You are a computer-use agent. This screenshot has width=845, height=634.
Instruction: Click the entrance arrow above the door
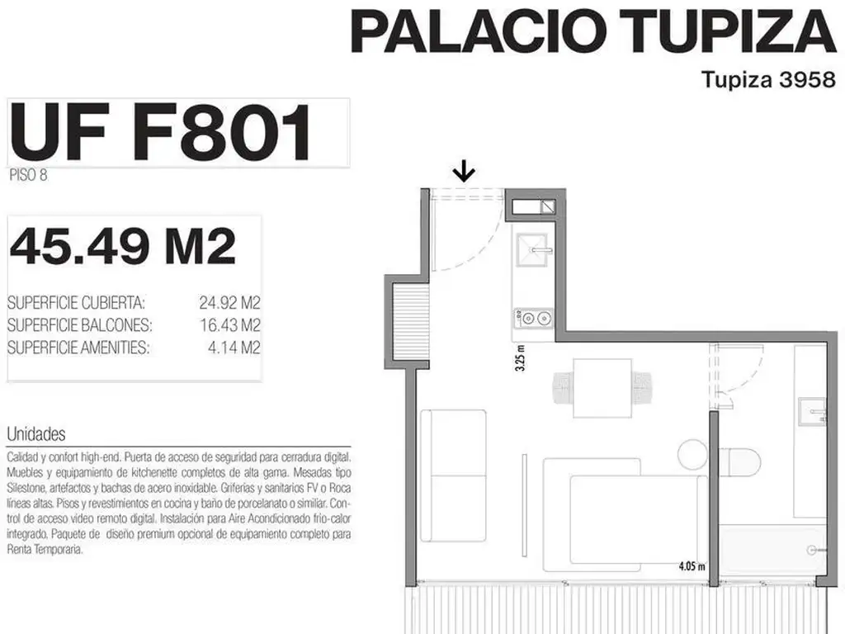pyautogui.click(x=464, y=173)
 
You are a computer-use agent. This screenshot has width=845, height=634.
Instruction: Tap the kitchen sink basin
pyautogui.click(x=532, y=249)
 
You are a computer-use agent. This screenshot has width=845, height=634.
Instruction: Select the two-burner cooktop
pyautogui.click(x=534, y=318)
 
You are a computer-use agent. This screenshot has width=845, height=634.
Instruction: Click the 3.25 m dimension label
pyautogui.click(x=520, y=357)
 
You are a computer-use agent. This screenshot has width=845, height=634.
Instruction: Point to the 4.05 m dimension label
pyautogui.click(x=692, y=566)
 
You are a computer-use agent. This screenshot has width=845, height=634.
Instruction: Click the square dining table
pyautogui.click(x=602, y=388)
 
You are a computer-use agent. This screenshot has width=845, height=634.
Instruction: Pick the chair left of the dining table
pyautogui.click(x=563, y=388)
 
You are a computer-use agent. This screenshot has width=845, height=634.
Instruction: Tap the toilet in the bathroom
pyautogui.click(x=743, y=462)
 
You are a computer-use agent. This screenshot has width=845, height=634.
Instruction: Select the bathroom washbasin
pyautogui.click(x=812, y=412)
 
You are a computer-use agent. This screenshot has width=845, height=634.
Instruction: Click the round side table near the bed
pyautogui.click(x=692, y=455)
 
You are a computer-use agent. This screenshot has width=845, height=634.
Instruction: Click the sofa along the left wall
pyautogui.click(x=453, y=475)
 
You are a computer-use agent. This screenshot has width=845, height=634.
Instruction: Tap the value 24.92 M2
pyautogui.click(x=229, y=302)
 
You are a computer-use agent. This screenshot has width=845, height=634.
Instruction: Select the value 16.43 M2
pyautogui.click(x=230, y=325)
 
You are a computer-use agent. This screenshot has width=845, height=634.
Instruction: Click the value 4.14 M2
pyautogui.click(x=234, y=348)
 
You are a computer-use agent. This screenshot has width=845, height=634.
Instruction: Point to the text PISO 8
pyautogui.click(x=28, y=175)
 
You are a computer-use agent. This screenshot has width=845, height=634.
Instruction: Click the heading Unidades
pyautogui.click(x=36, y=434)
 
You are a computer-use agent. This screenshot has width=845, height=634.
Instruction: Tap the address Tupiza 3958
pyautogui.click(x=768, y=80)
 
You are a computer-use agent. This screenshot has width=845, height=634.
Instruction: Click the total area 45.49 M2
pyautogui.click(x=123, y=246)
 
